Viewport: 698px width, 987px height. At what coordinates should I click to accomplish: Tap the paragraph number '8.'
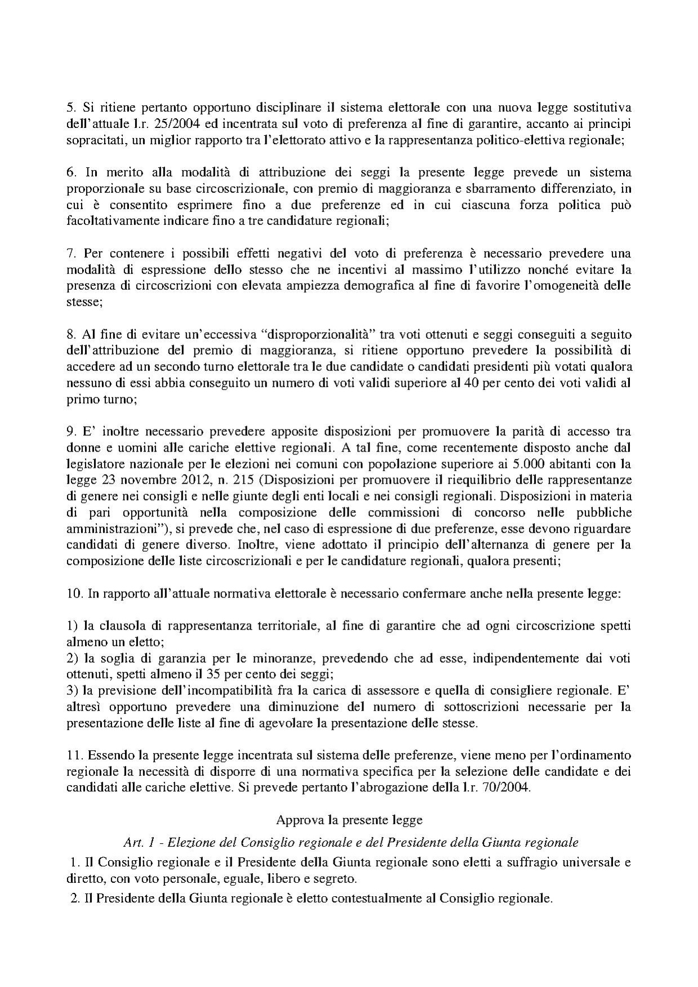click(72, 334)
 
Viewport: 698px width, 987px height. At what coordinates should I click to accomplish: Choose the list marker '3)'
click(72, 691)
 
